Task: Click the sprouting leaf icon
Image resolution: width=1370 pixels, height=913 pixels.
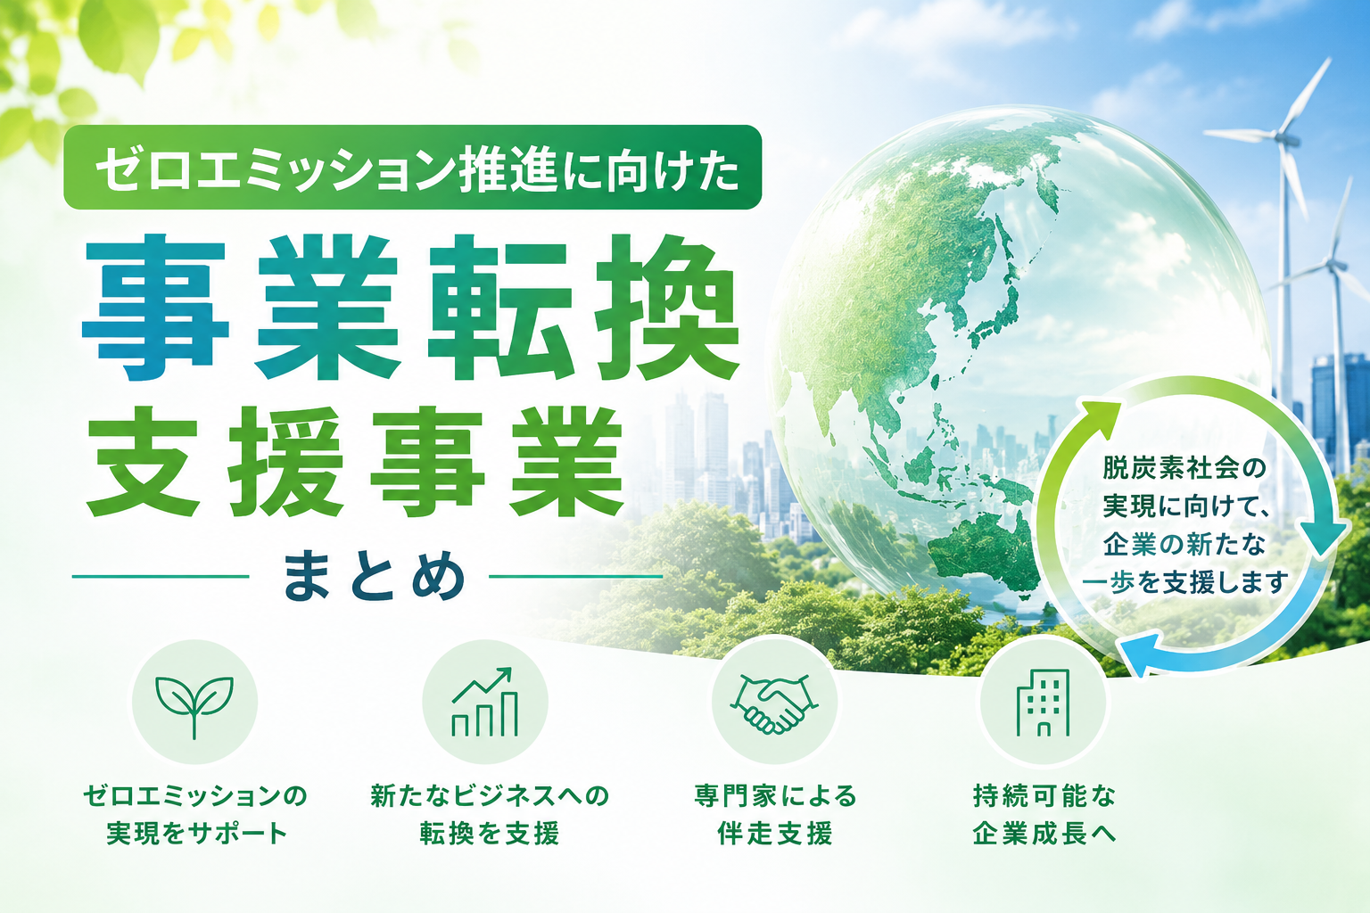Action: [x=194, y=706]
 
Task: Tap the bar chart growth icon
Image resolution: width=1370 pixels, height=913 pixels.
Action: [x=485, y=702]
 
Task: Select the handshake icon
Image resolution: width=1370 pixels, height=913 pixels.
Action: [x=774, y=703]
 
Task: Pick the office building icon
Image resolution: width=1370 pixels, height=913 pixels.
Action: [x=1043, y=703]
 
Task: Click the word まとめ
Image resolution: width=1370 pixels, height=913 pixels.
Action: [x=374, y=575]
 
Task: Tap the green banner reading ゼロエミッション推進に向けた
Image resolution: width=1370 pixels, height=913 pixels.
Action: [x=413, y=167]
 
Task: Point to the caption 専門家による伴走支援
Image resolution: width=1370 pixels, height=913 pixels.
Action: [x=775, y=815]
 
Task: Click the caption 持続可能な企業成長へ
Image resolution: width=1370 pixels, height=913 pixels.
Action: [x=1044, y=815]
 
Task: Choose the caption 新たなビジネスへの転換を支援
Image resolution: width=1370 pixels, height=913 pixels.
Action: [x=490, y=815]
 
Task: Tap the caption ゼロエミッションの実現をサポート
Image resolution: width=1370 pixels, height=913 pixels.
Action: [x=195, y=815]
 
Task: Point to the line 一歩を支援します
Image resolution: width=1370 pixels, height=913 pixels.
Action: [x=1185, y=583]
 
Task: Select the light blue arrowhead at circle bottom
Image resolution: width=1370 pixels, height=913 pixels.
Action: [x=1137, y=654]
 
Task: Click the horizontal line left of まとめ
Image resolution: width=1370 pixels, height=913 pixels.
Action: [x=161, y=576]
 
